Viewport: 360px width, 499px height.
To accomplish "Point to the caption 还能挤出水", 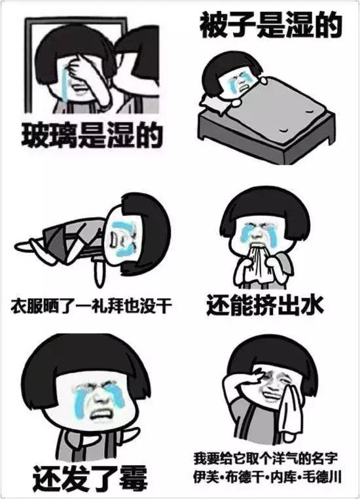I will pos(265,305).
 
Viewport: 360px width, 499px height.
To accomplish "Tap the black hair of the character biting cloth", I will pos(257,206).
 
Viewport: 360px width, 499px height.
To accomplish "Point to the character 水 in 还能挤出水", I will pos(312,305).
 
